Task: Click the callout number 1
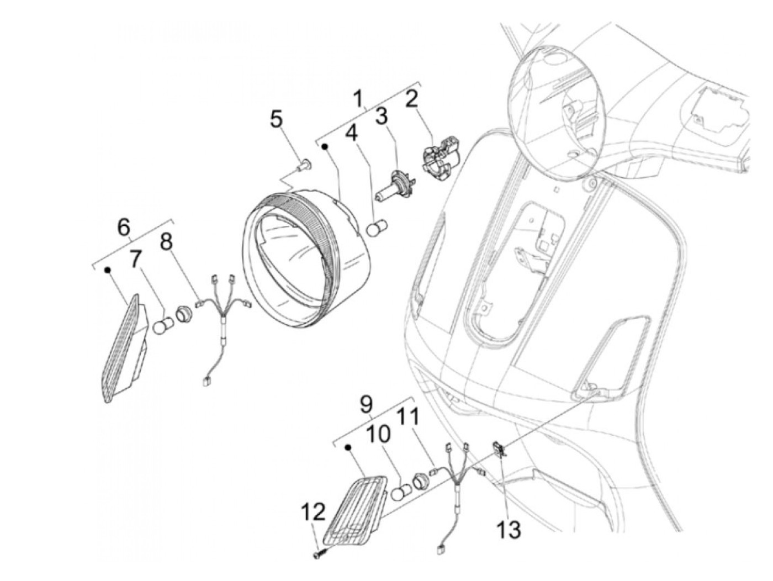(x=359, y=99)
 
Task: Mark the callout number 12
(x=313, y=513)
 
